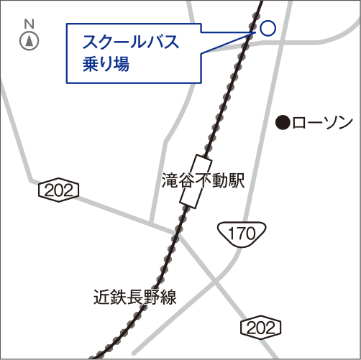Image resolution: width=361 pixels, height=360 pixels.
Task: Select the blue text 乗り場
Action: tap(106, 64)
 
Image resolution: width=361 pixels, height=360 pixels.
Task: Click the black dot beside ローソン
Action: tap(283, 123)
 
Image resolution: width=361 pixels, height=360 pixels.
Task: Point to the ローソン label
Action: tap(323, 123)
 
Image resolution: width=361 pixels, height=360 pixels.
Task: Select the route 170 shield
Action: tap(242, 232)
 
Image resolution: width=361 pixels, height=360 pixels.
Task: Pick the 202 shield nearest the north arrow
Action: tap(58, 190)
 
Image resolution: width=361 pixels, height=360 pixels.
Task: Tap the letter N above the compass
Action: tap(29, 24)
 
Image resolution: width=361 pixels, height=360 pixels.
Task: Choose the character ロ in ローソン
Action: tap(299, 123)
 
